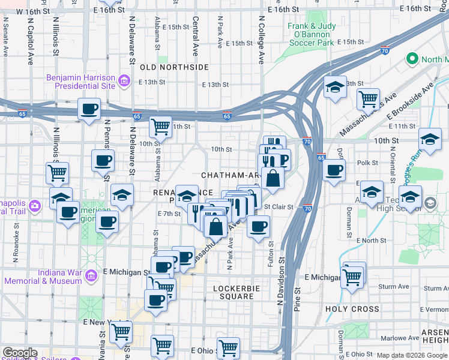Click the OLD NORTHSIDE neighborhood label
(x=174, y=67)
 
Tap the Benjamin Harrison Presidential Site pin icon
(x=124, y=80)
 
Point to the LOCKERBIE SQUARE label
(x=235, y=292)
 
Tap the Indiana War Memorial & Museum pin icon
(x=91, y=276)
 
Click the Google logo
(x=20, y=353)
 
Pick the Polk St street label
(x=367, y=163)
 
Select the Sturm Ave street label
(x=394, y=287)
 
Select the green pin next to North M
(x=412, y=59)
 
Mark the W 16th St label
(x=31, y=11)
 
